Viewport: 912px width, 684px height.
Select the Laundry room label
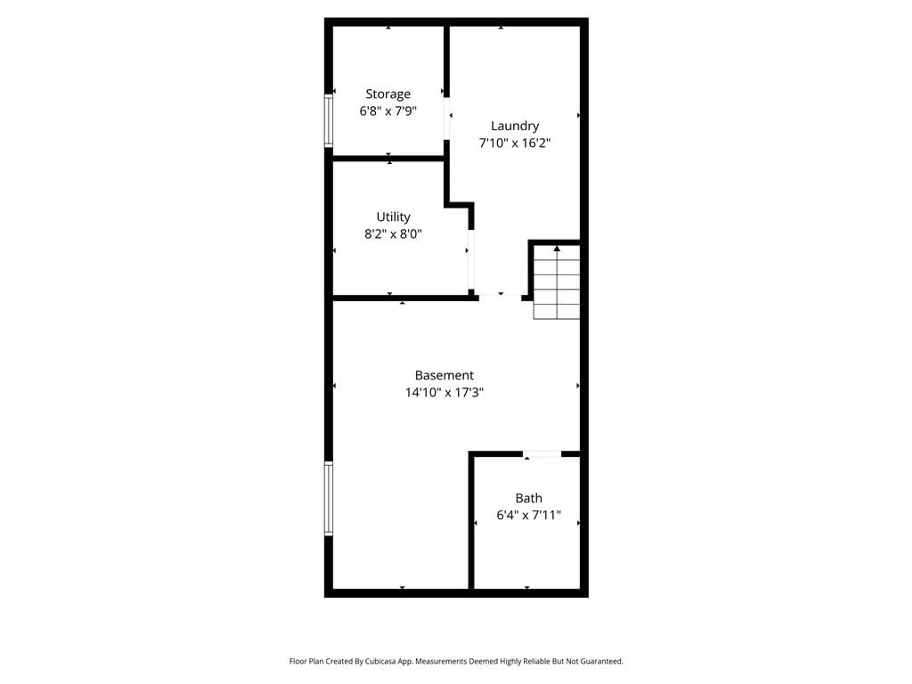click(515, 126)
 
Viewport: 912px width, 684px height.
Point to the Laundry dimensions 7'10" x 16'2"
click(515, 143)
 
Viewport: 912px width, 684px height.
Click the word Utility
click(393, 217)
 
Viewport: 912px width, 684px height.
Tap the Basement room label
click(444, 375)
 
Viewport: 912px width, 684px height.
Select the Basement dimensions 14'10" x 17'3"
click(444, 392)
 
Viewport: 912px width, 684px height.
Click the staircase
click(557, 285)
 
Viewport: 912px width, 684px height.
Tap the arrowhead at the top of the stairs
click(557, 249)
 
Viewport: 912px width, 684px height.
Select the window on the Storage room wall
click(328, 120)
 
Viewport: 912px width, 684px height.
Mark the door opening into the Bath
click(542, 454)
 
